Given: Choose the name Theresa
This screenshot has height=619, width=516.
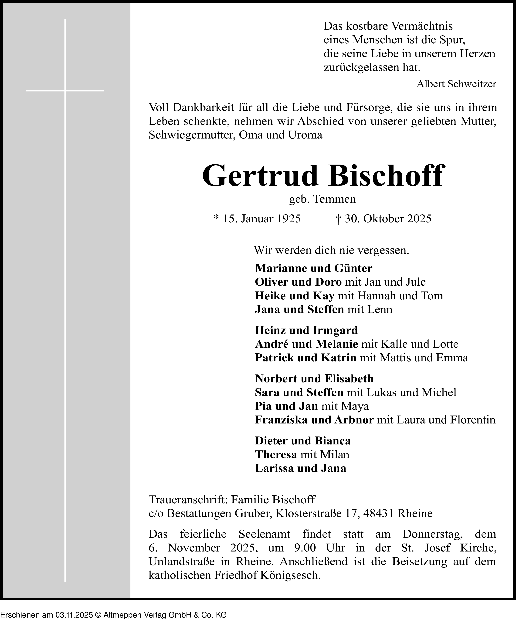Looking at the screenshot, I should pyautogui.click(x=276, y=455).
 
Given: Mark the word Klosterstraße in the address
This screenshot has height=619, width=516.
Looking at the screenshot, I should pyautogui.click(x=308, y=514).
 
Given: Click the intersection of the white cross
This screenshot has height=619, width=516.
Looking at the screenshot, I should pyautogui.click(x=65, y=91).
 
